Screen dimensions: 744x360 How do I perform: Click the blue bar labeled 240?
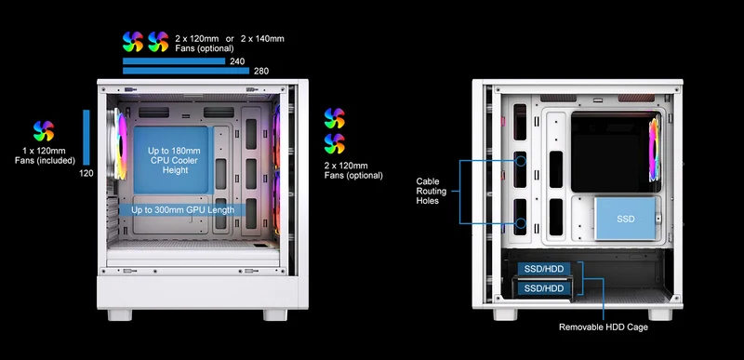tap(174, 60)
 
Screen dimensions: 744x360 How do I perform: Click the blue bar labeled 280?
tap(186, 71)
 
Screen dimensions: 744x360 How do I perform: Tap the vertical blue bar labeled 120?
tap(86, 138)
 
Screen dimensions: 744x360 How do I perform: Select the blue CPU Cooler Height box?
tap(171, 160)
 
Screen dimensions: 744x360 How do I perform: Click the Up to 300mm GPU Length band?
tap(182, 209)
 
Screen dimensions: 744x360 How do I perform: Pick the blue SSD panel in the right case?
tap(625, 219)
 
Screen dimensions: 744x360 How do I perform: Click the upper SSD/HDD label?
tap(544, 269)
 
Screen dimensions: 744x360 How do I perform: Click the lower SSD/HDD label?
tap(544, 288)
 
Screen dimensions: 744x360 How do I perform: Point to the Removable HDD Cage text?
tap(603, 327)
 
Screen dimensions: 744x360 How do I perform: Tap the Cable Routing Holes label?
tap(432, 191)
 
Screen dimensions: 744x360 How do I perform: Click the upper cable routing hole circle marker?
tap(521, 161)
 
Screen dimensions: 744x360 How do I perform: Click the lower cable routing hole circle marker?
tap(521, 223)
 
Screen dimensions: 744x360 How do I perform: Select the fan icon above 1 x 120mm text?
tap(44, 131)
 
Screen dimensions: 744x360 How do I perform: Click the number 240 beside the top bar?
tap(237, 61)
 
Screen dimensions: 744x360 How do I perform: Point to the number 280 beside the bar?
tap(261, 71)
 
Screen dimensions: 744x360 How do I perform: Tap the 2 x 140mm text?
tap(262, 38)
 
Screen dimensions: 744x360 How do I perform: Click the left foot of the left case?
tap(120, 315)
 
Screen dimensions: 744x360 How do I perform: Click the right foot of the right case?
tap(660, 314)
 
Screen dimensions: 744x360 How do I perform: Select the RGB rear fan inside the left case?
tap(120, 146)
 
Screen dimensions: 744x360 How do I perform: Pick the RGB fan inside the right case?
tap(655, 150)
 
